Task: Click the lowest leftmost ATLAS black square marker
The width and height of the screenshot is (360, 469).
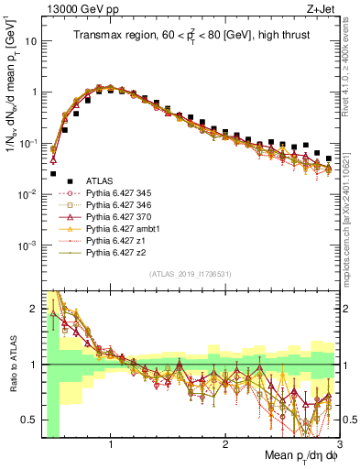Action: (53, 173)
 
